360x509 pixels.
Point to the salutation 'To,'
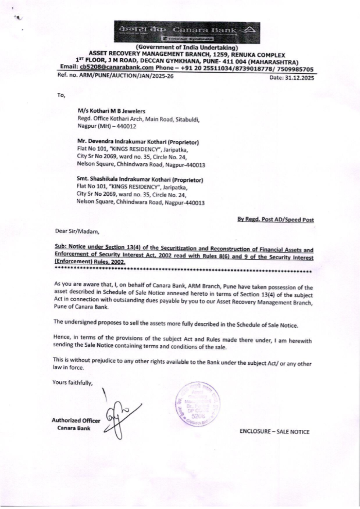pos(61,95)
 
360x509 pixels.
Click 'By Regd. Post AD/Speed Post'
pos(275,219)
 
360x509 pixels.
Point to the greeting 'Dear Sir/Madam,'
pos(77,231)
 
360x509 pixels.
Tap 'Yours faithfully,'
pos(73,382)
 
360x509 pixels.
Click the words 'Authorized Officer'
pos(76,420)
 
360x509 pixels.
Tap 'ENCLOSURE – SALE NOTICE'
pos(274,432)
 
